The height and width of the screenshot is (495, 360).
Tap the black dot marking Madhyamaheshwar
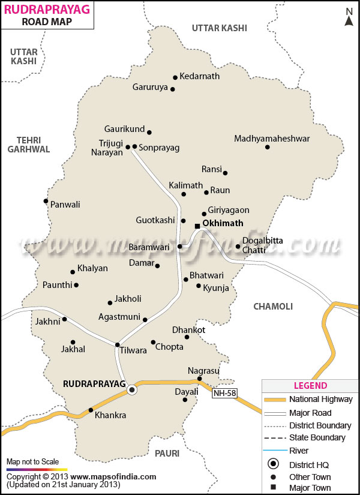point(268,147)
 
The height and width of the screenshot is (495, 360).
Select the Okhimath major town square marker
point(197,226)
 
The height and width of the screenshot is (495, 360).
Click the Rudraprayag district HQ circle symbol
point(132,389)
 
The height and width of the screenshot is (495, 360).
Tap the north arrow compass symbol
point(349,17)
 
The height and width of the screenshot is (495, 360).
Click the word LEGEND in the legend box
point(310,386)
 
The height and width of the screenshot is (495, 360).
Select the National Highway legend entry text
point(321,400)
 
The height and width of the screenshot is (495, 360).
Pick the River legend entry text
point(299,451)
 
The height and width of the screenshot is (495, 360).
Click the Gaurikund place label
point(124,129)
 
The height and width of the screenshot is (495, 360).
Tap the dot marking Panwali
point(46,201)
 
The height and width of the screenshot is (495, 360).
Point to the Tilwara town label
point(133,351)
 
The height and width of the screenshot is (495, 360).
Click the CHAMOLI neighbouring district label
point(273,307)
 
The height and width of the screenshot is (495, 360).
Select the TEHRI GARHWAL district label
point(29,144)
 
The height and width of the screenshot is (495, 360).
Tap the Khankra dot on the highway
point(91,410)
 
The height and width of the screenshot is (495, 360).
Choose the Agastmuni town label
point(119,317)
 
